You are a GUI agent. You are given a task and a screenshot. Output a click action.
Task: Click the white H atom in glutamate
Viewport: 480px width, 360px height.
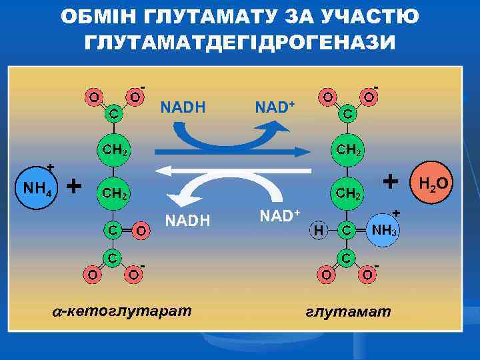tap(319, 231)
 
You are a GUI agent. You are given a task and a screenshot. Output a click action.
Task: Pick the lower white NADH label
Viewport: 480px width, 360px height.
tap(187, 219)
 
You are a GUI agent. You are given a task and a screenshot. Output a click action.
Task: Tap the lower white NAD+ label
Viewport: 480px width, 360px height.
tap(279, 216)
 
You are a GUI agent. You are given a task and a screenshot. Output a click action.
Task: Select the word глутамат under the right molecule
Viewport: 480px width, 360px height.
tap(349, 311)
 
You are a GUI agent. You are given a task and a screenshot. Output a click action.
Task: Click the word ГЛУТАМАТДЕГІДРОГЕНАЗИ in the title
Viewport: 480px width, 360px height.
tap(239, 42)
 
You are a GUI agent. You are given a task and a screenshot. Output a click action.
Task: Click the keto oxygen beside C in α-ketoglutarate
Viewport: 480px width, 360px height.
tap(139, 231)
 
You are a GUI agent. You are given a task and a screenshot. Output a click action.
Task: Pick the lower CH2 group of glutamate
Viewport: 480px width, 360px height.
tap(349, 193)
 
